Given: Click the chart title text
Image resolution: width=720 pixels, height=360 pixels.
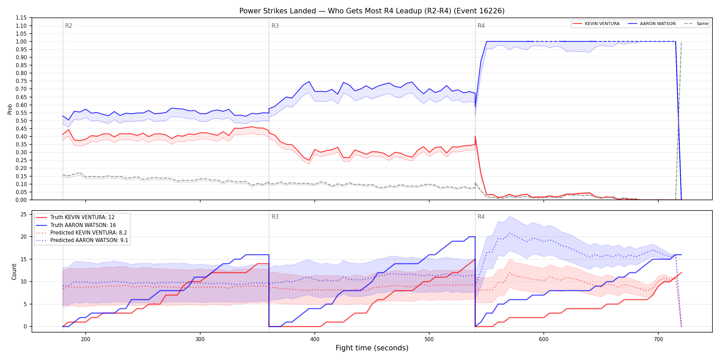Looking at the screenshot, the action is tap(372, 11).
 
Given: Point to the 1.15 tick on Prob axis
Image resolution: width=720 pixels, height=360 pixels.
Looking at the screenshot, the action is tap(21, 18).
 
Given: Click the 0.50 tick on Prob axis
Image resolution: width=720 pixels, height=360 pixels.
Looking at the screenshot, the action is tap(21, 121).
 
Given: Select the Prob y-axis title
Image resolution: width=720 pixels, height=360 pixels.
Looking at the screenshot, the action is tap(10, 109).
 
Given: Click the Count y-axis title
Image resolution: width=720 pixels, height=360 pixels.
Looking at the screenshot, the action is tap(14, 272).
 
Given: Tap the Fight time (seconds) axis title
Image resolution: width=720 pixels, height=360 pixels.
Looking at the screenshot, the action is tap(372, 348).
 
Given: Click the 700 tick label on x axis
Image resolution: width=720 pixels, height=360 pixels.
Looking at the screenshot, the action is tap(658, 339).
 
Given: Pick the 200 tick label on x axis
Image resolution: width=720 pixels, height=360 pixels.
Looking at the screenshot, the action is tap(85, 339).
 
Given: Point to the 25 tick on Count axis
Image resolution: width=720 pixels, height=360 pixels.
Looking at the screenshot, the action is tap(24, 215).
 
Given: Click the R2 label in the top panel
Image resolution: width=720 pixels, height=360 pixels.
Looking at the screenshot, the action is tap(69, 26).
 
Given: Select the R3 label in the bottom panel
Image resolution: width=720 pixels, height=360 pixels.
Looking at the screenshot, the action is tap(275, 217).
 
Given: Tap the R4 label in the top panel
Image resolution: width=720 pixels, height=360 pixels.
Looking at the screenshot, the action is tap(481, 26).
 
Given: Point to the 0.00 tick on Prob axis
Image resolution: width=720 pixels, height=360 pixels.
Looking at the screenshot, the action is tap(21, 200).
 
